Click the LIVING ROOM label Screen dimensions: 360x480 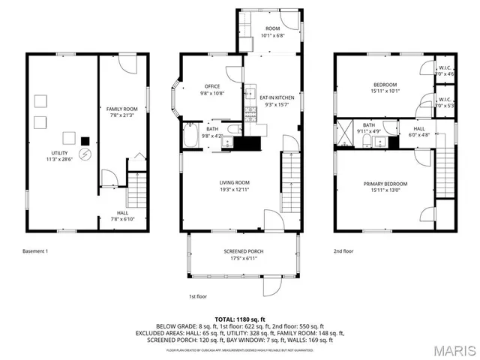[234, 182]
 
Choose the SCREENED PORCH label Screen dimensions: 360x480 [243, 251]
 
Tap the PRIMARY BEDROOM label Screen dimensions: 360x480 [385, 184]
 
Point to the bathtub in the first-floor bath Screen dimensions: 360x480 [191, 137]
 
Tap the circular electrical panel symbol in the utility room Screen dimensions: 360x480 [85, 154]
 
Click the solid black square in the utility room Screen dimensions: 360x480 [85, 139]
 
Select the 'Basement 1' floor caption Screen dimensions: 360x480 [35, 251]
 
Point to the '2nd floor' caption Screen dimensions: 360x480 [344, 251]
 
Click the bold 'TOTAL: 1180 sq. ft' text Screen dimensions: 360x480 [240, 319]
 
